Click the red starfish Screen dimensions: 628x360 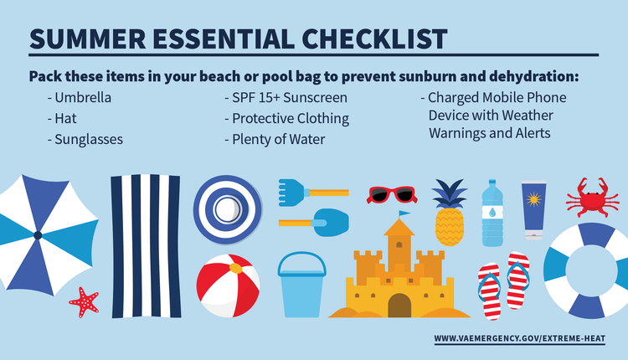84,302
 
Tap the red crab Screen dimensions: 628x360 587,198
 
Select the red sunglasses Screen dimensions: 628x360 392,195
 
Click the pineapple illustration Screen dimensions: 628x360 450,216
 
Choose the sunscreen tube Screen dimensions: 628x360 533,211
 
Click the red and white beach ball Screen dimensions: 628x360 228,285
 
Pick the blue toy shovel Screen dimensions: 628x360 314,222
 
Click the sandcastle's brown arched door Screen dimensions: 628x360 399,305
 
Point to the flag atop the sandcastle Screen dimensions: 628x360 404,213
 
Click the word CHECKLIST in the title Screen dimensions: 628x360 374,39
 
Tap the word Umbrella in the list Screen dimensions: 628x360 83,97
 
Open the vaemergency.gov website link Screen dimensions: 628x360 520,338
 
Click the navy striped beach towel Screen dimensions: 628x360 146,246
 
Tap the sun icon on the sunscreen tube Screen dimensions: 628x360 533,199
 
